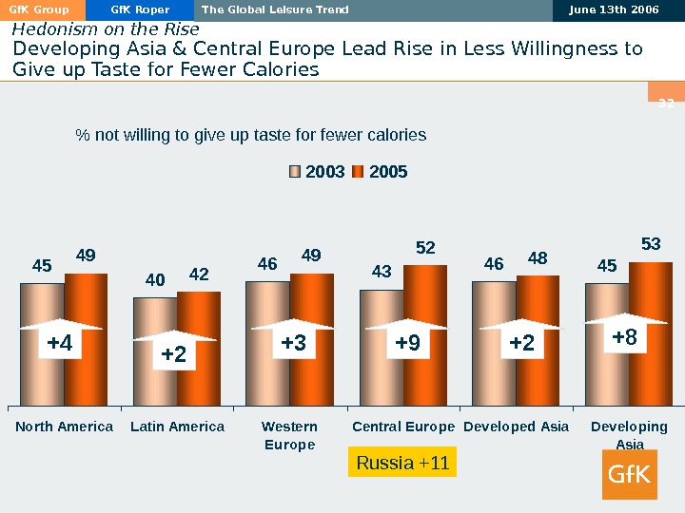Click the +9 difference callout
[407, 343]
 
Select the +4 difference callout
[60, 343]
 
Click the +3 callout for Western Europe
[294, 343]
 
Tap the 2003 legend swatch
[295, 172]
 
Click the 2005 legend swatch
[359, 172]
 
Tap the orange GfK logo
[630, 473]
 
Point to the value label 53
[651, 245]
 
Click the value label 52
[425, 248]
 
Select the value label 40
[155, 280]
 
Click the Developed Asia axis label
[516, 427]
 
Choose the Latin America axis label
[177, 427]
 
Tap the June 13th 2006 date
[614, 10]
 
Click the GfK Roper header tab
[140, 10]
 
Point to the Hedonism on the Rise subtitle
[106, 29]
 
